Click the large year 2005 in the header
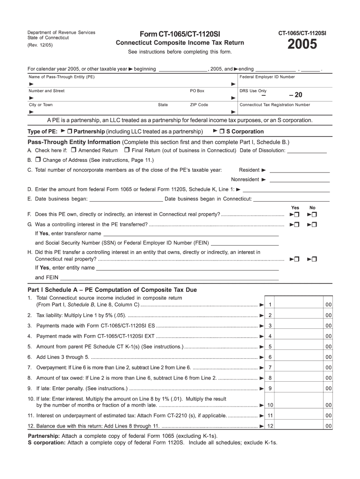[x=302, y=45]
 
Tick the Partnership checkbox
[x=70, y=131]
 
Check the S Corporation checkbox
[x=222, y=131]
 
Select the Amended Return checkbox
[x=74, y=151]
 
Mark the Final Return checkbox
[x=127, y=151]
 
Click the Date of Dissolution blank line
[x=307, y=151]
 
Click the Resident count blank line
[x=299, y=170]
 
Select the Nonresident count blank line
[x=299, y=180]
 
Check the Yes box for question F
[x=296, y=215]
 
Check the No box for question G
[x=314, y=225]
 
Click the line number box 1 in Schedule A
[x=270, y=305]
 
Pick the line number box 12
[x=270, y=426]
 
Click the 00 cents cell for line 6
[x=328, y=357]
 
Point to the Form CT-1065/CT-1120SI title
[x=180, y=34]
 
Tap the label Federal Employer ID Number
[x=267, y=77]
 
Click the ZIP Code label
[x=199, y=105]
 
